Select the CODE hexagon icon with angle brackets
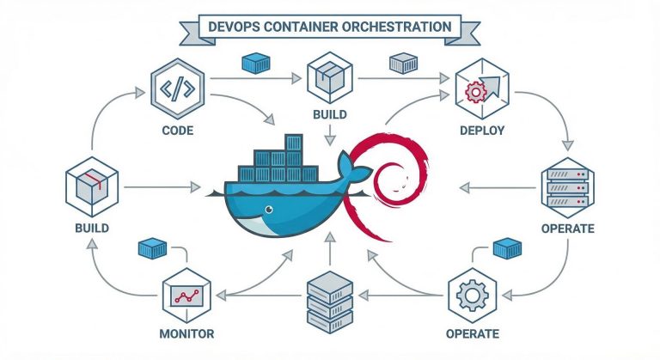pos(176,88)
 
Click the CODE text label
pos(176,131)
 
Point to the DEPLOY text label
pos(481,131)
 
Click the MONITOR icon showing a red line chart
pos(186,294)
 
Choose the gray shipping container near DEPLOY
pos(403,63)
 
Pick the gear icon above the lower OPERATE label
pos(471,294)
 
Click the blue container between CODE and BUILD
pos(257,62)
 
